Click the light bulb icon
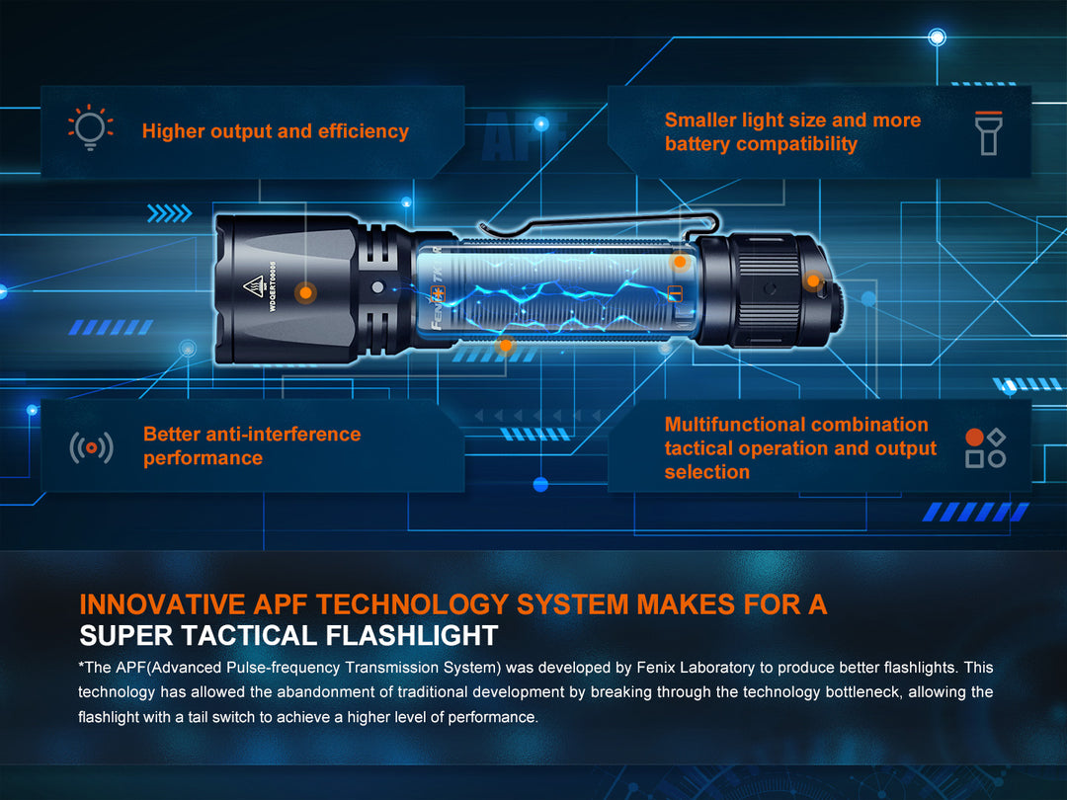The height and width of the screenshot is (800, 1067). [x=90, y=129]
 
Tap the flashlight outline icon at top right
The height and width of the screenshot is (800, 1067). [x=988, y=132]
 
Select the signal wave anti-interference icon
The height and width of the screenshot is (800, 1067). [x=91, y=447]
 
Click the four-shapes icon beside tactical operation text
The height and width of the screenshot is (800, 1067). [x=985, y=447]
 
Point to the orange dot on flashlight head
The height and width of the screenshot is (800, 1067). [x=306, y=292]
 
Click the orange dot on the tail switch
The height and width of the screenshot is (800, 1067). [x=812, y=280]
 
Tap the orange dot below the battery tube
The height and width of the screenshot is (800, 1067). [x=505, y=345]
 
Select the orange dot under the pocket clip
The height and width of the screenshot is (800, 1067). [x=680, y=262]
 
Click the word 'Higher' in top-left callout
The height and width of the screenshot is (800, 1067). [x=174, y=131]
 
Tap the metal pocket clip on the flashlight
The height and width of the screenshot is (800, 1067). [x=583, y=225]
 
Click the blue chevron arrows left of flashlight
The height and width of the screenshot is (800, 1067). [x=169, y=213]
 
